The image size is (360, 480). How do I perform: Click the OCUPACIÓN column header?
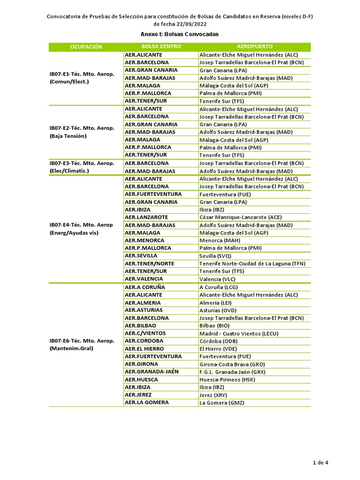tap(86, 47)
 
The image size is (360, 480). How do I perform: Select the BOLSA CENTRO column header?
tap(161, 47)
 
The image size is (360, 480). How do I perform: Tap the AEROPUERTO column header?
tap(255, 47)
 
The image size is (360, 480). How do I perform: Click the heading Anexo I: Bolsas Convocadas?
tap(180, 34)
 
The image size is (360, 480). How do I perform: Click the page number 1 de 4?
tap(321, 463)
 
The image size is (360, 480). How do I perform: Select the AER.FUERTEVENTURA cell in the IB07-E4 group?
tap(153, 194)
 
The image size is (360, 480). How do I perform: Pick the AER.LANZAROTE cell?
tap(146, 217)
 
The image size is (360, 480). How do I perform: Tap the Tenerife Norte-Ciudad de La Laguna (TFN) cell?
tap(252, 264)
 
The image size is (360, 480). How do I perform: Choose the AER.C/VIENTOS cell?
tap(145, 333)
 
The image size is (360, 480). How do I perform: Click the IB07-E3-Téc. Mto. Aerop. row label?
tap(82, 163)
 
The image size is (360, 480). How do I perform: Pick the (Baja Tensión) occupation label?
tap(68, 136)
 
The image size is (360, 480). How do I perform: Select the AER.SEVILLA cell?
tap(141, 256)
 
